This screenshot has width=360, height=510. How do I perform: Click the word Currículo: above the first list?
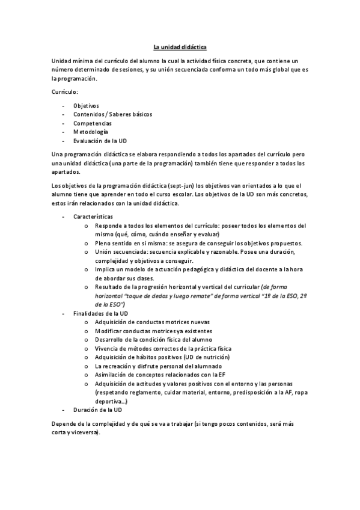(x=64, y=91)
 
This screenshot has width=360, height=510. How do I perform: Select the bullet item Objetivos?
(x=87, y=106)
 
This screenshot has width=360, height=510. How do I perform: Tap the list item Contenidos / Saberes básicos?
(x=113, y=114)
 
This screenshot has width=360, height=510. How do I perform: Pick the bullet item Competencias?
(x=93, y=123)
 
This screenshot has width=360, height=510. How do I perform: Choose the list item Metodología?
(x=91, y=132)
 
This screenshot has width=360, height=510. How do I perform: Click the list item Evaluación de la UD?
(x=100, y=141)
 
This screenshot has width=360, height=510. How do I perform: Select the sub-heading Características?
(x=93, y=217)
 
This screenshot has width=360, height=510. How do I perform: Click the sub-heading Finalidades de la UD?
(x=100, y=314)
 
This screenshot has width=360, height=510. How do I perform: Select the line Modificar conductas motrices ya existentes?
(x=153, y=331)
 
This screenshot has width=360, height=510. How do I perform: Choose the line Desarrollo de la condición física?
(x=151, y=340)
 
